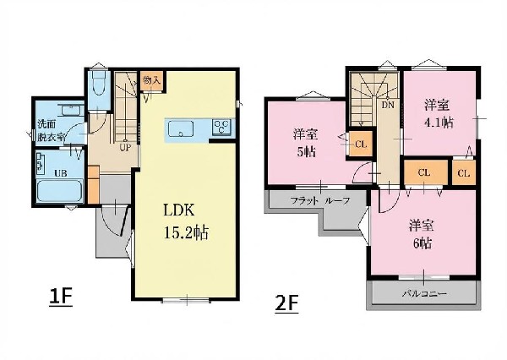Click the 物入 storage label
151,80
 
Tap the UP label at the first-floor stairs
124,145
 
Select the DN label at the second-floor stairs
388,106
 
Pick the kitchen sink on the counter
183,128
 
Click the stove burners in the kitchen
222,127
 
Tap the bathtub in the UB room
59,192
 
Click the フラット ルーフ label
315,200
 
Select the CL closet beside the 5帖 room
361,143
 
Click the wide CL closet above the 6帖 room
424,173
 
